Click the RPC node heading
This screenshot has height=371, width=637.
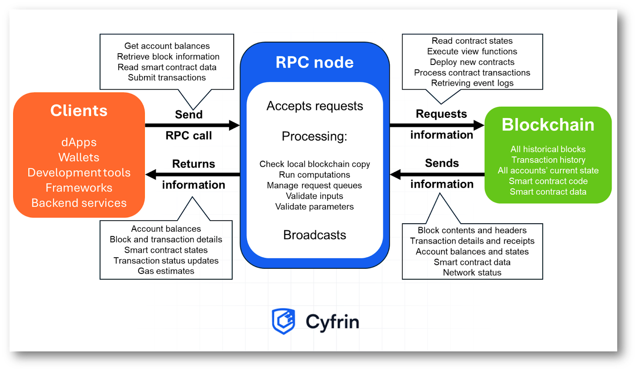click(x=315, y=62)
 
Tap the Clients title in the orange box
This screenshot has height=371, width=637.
click(x=79, y=111)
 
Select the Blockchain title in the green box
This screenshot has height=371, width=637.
click(x=548, y=125)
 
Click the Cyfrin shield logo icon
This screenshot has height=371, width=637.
click(x=283, y=321)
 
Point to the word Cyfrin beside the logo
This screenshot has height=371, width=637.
click(x=332, y=322)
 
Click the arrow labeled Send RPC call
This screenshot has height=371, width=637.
click(x=192, y=125)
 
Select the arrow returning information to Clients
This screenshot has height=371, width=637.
click(x=193, y=174)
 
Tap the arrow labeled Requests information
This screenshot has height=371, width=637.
click(x=436, y=125)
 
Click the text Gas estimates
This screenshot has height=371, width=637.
click(x=166, y=271)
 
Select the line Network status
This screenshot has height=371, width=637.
click(x=472, y=273)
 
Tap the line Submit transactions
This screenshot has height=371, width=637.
click(x=167, y=78)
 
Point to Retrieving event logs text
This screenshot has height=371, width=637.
click(x=472, y=83)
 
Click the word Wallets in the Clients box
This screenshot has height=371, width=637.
click(x=79, y=158)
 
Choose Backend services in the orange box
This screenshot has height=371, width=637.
click(x=79, y=203)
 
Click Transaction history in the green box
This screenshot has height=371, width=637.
click(x=548, y=160)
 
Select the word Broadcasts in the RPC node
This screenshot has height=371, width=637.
click(x=315, y=235)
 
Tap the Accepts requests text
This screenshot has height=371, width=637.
click(x=315, y=106)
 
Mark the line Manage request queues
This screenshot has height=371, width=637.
click(x=315, y=185)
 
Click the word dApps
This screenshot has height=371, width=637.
click(x=79, y=143)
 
